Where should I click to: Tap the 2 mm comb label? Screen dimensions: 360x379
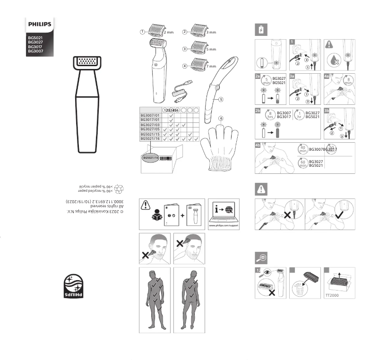pos(168,32)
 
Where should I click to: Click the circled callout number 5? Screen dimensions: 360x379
pos(220,100)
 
